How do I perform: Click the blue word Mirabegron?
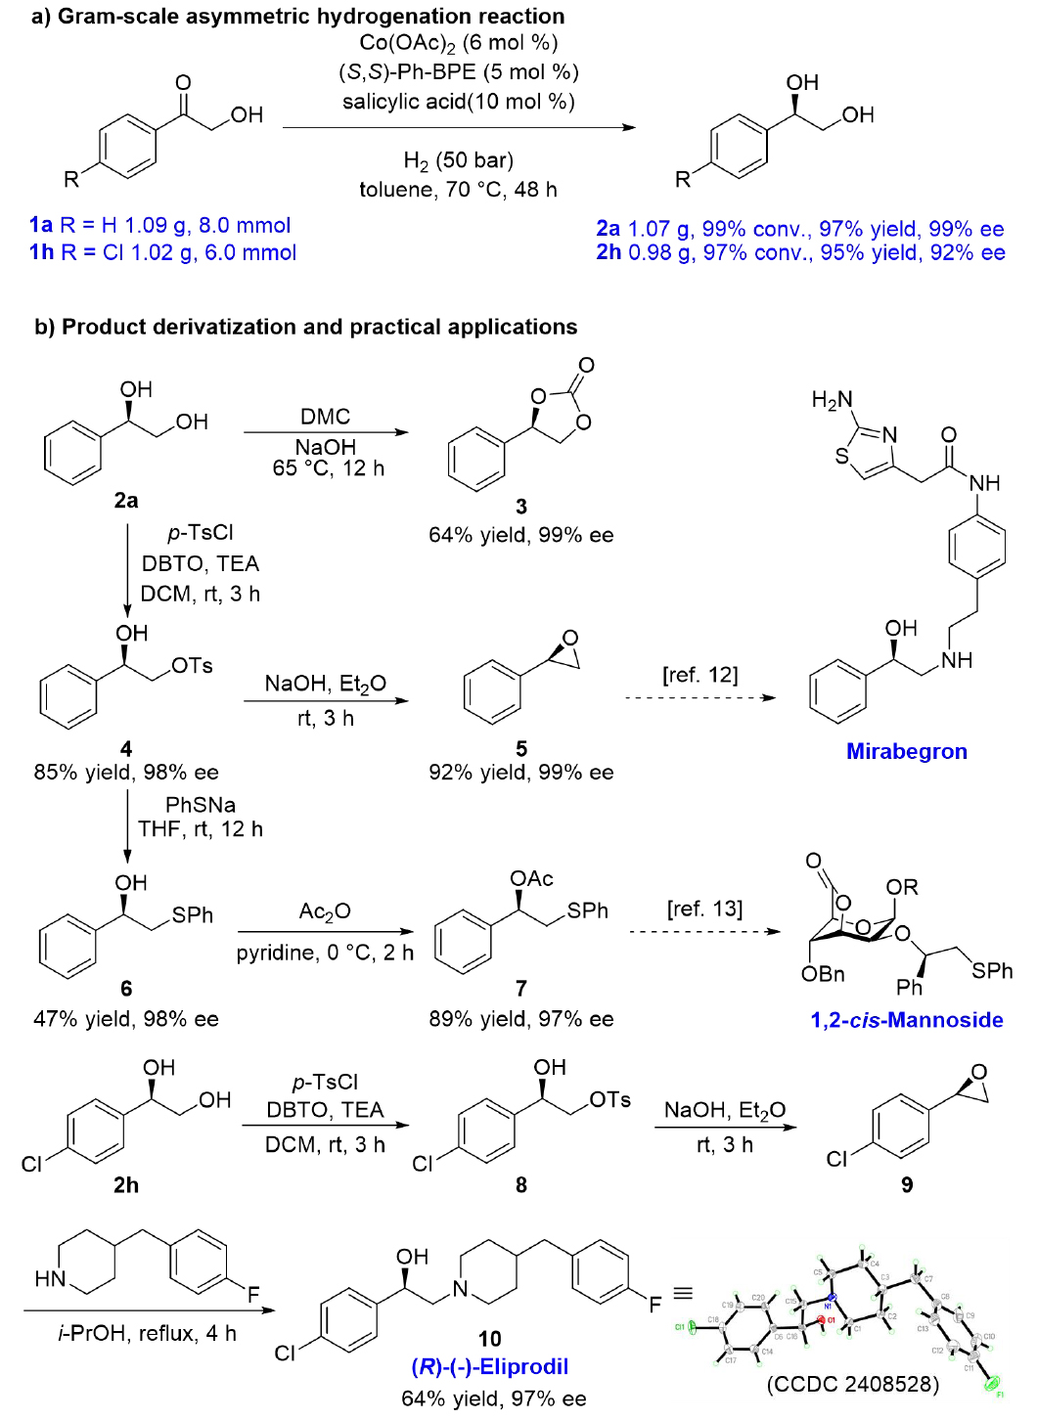pos(906,751)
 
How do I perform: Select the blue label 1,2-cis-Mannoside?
pos(906,1020)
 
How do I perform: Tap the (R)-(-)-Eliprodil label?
pos(489,1366)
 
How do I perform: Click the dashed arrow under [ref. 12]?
pos(699,698)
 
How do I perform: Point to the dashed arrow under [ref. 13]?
pos(704,932)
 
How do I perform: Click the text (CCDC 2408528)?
pos(852,1384)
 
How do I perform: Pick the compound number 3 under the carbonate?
pos(521,506)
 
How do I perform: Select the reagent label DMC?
pos(325,417)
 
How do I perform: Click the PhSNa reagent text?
pos(201,805)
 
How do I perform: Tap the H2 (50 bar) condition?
pos(458,160)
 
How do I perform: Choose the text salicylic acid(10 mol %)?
pos(458,102)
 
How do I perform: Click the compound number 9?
pos(907,1185)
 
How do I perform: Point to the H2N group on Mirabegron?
pos(833,400)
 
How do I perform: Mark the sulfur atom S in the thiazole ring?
pos(841,456)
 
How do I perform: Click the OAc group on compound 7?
pos(531,878)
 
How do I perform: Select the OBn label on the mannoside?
pos(823,974)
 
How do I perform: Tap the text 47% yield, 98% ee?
pos(126,1019)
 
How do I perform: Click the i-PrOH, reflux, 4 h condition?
pos(147,1334)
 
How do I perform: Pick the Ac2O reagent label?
pos(325,911)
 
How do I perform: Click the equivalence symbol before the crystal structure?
pos(683,1293)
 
